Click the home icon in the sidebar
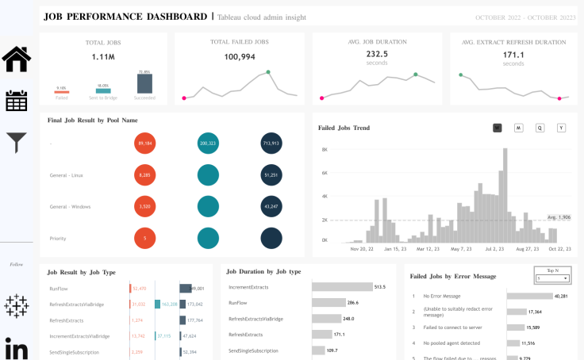(17, 59)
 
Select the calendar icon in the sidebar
(17, 101)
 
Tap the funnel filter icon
(17, 143)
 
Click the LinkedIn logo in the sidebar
(17, 349)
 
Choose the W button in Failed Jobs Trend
(498, 128)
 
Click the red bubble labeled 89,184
(145, 144)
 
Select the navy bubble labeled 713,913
(271, 144)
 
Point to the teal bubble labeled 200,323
(209, 144)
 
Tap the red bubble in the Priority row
(145, 238)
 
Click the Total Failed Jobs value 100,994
(240, 57)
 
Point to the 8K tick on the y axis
(324, 149)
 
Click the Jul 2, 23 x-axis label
(495, 248)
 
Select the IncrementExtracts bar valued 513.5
(341, 287)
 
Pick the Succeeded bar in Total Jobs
(144, 86)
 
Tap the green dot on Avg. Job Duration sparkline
(415, 75)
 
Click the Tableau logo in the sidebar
(17, 306)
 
